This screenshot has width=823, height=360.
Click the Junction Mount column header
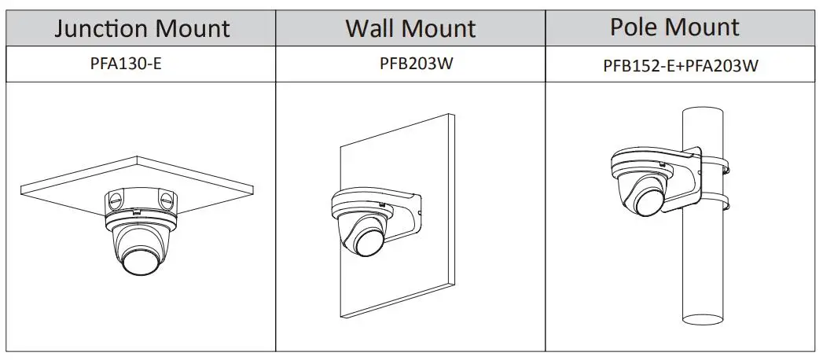(x=141, y=29)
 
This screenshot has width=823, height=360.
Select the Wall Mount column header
(x=410, y=29)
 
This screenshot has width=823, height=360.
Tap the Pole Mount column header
(x=675, y=28)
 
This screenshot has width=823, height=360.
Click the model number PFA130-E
(x=126, y=64)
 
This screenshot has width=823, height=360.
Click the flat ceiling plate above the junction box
(x=71, y=182)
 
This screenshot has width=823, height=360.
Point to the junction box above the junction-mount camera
(x=139, y=201)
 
